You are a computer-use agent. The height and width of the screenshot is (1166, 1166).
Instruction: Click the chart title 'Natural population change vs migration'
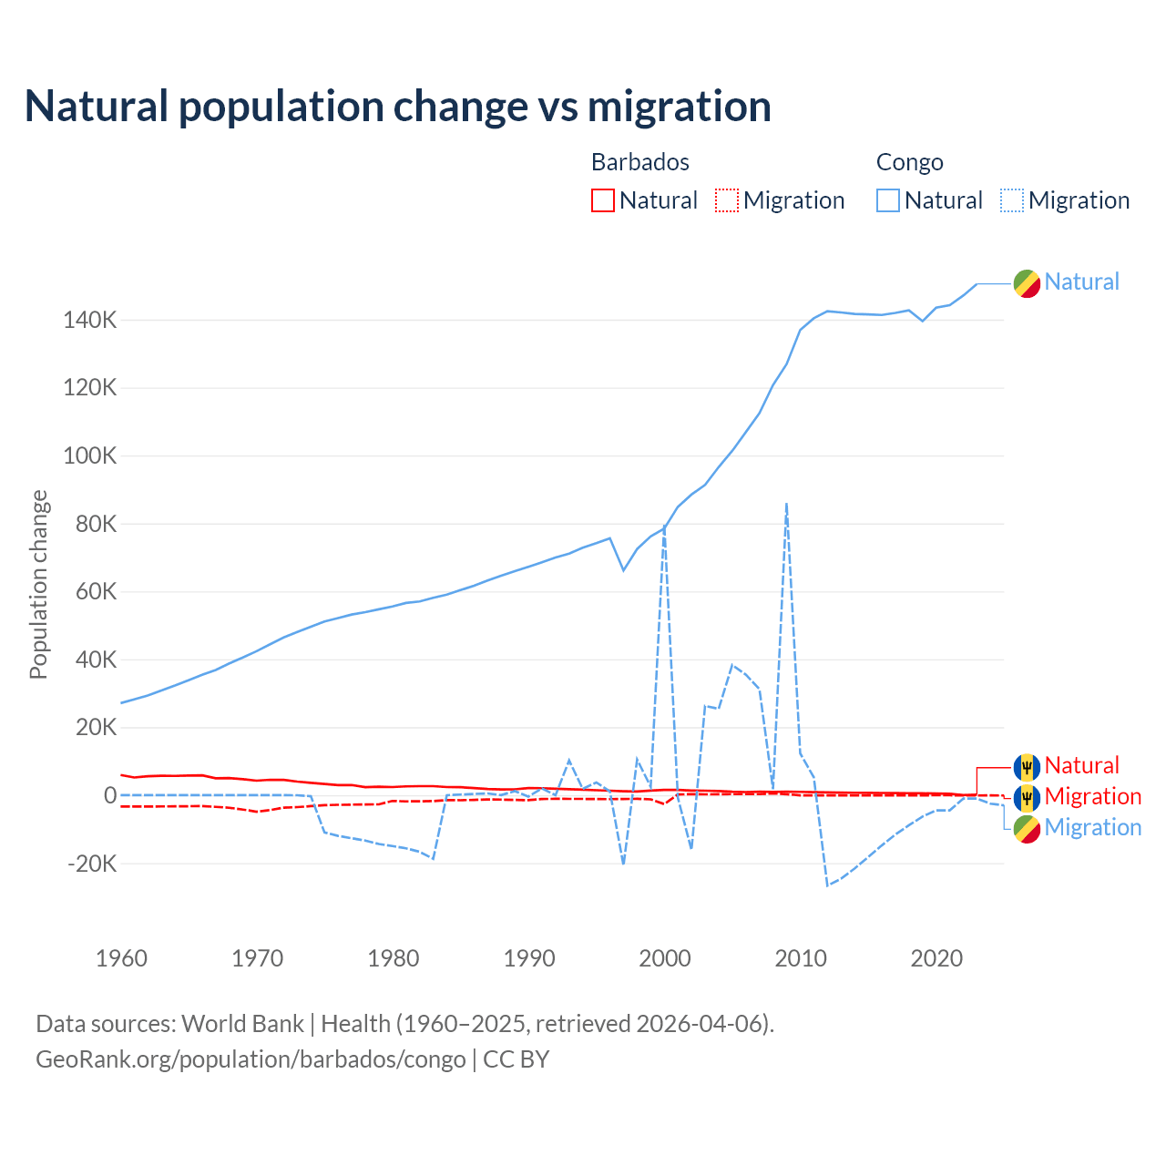(x=398, y=107)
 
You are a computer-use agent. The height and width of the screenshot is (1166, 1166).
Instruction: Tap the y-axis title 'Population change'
(x=38, y=584)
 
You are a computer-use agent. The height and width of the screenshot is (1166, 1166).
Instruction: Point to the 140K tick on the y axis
(x=90, y=321)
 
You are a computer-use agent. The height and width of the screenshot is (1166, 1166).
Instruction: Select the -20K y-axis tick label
(x=92, y=864)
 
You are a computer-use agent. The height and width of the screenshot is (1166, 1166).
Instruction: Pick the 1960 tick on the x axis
(x=121, y=958)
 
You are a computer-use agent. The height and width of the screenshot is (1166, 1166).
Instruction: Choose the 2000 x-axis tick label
(x=665, y=958)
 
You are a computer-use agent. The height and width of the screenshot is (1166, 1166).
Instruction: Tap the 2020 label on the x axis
(x=936, y=958)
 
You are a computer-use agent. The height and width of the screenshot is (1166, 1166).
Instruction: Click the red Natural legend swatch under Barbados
(x=603, y=200)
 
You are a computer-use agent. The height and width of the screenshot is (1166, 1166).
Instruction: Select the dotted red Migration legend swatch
(x=727, y=200)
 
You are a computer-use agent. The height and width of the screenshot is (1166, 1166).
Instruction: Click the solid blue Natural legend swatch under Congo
(x=888, y=200)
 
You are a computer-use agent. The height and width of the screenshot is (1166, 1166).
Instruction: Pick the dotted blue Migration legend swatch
(x=1012, y=200)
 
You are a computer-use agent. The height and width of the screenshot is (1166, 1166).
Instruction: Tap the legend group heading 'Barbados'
(x=640, y=162)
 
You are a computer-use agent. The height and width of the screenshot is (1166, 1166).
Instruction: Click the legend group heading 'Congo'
(x=909, y=162)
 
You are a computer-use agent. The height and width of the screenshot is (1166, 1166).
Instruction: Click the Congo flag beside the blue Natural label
(x=1027, y=283)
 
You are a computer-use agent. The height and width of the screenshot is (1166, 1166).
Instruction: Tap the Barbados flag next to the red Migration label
(x=1027, y=798)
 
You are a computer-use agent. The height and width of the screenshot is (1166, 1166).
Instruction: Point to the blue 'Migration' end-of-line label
(x=1092, y=827)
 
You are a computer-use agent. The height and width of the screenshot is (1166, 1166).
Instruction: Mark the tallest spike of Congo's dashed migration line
(x=786, y=504)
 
